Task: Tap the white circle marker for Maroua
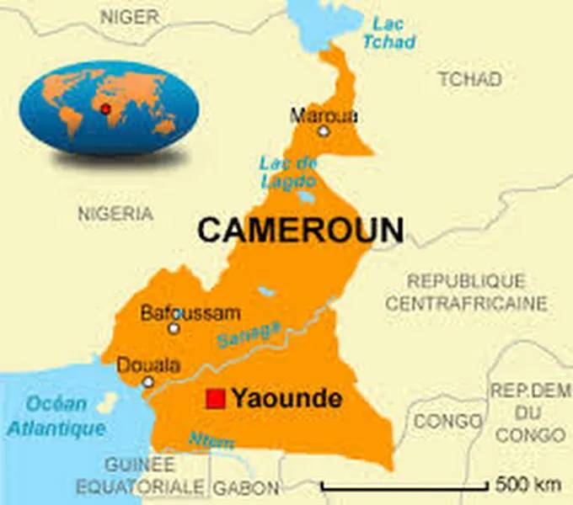(324, 131)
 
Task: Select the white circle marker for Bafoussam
(174, 328)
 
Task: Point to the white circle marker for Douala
(148, 382)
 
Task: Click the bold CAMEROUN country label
(300, 230)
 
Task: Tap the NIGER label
(130, 15)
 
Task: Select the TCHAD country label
(469, 79)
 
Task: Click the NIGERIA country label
(115, 214)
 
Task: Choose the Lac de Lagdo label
(287, 172)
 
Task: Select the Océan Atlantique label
(56, 416)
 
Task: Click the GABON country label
(246, 487)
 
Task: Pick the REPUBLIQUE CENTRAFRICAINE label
(466, 292)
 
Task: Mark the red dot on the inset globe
(105, 110)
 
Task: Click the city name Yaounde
(286, 398)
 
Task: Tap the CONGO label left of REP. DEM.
(448, 420)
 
